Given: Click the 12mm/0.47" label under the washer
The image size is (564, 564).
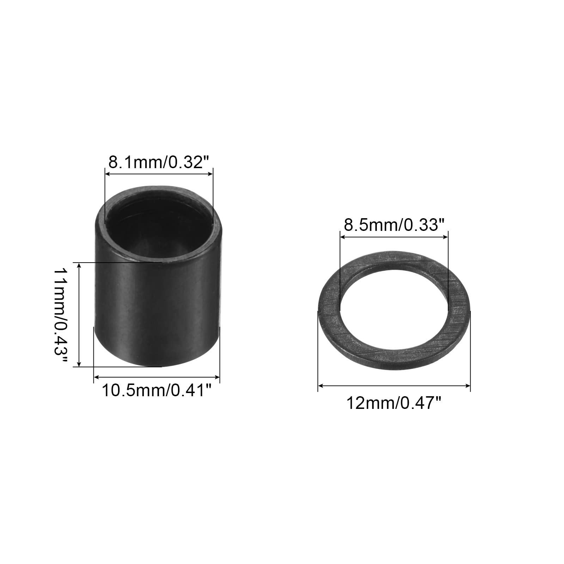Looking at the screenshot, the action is [394, 403].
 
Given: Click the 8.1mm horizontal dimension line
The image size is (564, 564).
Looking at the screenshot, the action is [159, 173].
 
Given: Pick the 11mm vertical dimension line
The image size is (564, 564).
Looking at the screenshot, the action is [80, 315].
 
